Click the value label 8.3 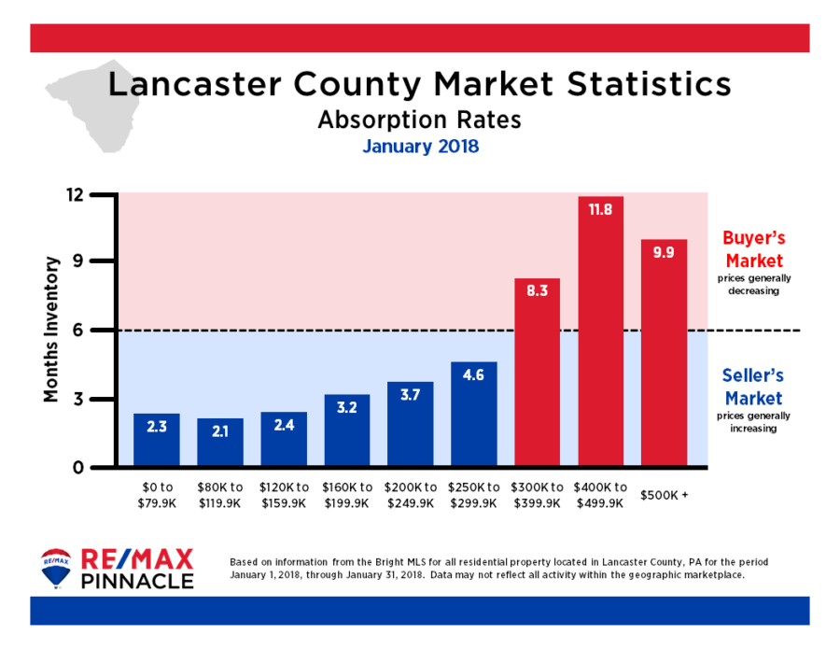537,291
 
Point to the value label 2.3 157,427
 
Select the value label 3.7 410,395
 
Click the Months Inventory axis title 52,331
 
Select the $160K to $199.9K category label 346,495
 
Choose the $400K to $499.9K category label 600,495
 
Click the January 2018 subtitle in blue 420,147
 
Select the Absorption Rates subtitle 419,120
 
